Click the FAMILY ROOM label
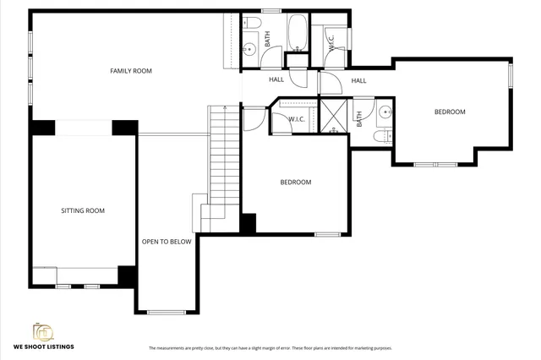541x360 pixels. click(x=131, y=71)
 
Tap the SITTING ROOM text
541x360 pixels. click(x=83, y=210)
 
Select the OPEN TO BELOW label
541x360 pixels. click(x=167, y=242)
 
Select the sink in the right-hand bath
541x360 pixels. click(x=385, y=111)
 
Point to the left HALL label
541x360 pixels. click(x=276, y=80)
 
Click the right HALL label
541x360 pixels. click(x=358, y=81)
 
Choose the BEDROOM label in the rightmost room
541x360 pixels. click(x=450, y=112)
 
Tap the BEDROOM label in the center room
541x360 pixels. click(x=296, y=183)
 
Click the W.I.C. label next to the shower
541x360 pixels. click(x=296, y=119)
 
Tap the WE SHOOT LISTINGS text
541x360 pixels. click(x=43, y=346)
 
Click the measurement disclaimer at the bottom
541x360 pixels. click(x=270, y=348)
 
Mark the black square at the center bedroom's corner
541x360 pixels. click(x=249, y=224)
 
